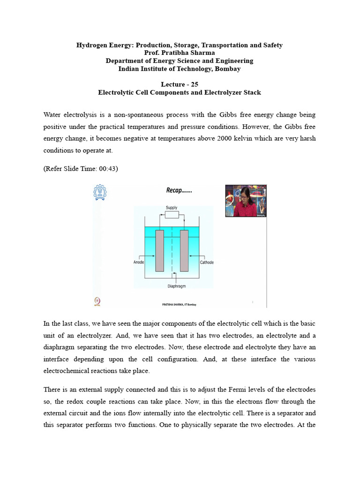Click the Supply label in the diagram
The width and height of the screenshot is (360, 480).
[x=171, y=208]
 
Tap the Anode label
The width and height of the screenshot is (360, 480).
[x=139, y=262]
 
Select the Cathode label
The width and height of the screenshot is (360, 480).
[x=206, y=262]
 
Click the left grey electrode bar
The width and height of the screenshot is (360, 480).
[x=160, y=251]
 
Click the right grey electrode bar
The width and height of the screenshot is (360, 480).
[x=184, y=251]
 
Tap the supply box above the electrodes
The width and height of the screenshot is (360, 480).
[x=172, y=215]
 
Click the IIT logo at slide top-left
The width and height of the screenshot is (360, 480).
[x=99, y=192]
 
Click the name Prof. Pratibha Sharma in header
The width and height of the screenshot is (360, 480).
[x=180, y=53]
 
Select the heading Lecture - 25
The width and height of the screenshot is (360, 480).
[x=180, y=84]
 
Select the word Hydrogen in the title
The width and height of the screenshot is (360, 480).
[x=92, y=45]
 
